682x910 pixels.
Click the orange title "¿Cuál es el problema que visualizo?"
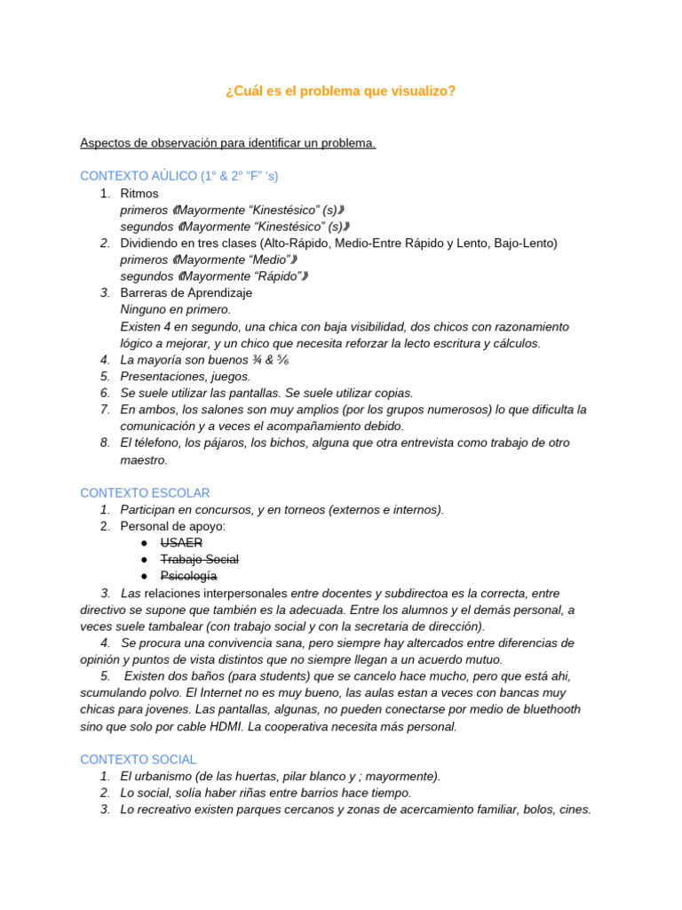pyautogui.click(x=341, y=92)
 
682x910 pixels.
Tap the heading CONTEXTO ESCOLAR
pyautogui.click(x=145, y=492)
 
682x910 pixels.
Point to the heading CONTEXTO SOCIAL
pyautogui.click(x=138, y=760)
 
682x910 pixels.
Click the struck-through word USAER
pyautogui.click(x=181, y=543)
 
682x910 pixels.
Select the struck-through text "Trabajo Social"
pyautogui.click(x=199, y=560)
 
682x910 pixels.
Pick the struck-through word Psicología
pyautogui.click(x=188, y=576)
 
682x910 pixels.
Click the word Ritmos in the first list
pyautogui.click(x=139, y=193)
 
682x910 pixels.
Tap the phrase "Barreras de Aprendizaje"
pyautogui.click(x=186, y=292)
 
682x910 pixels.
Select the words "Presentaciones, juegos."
pyautogui.click(x=186, y=376)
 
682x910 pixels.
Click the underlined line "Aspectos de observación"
pyautogui.click(x=227, y=143)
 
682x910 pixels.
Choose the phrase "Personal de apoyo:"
pyautogui.click(x=173, y=526)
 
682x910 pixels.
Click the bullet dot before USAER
pyautogui.click(x=145, y=543)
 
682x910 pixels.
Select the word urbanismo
pyautogui.click(x=174, y=776)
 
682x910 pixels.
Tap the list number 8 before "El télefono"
pyautogui.click(x=105, y=443)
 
